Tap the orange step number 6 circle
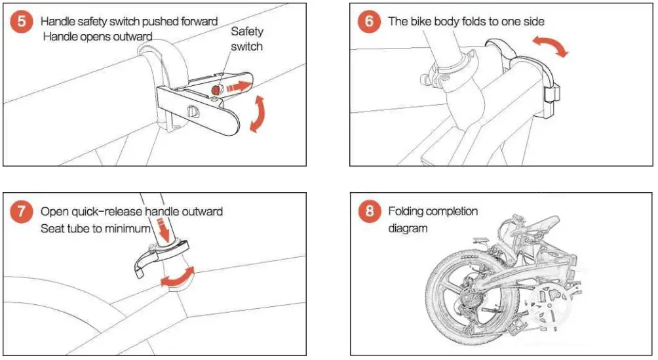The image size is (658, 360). click(370, 21)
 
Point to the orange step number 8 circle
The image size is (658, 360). click(370, 212)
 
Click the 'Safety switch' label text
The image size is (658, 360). click(246, 39)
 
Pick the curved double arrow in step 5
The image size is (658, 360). click(260, 114)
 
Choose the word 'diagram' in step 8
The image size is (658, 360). click(408, 228)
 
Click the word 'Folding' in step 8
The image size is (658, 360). click(406, 211)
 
